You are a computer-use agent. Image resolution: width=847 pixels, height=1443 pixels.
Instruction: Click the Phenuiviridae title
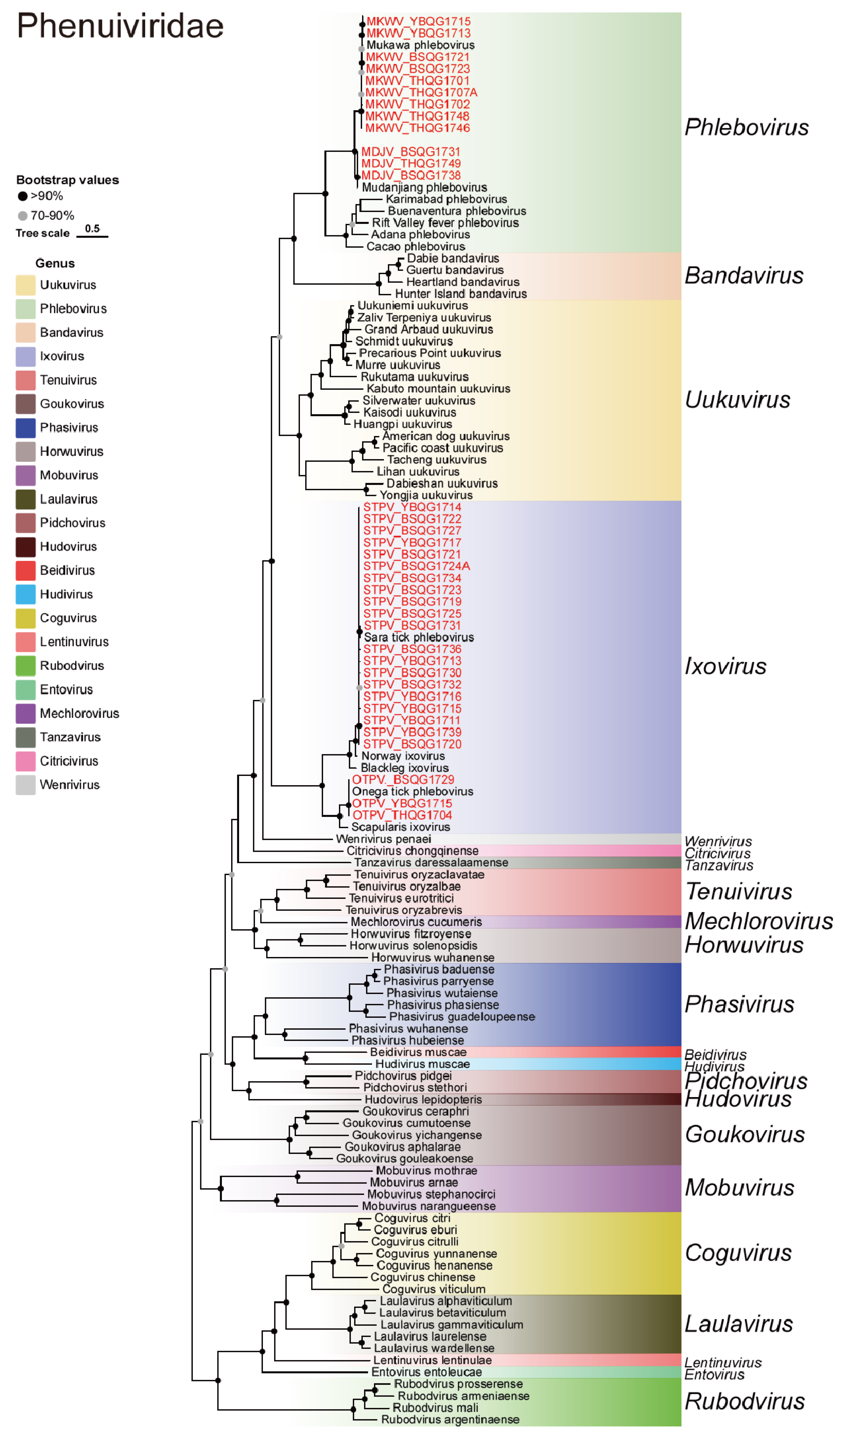coord(120,26)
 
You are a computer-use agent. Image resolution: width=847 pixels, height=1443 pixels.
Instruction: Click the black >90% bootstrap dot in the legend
coord(23,196)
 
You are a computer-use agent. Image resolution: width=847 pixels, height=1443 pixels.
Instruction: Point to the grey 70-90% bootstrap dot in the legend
coord(23,216)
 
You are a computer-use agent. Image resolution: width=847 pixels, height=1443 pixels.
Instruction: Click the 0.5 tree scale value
coord(92,228)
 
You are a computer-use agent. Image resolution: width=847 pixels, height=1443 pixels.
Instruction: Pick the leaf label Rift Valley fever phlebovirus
coord(445,223)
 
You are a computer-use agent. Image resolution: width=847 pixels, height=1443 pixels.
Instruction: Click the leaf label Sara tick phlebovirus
coord(419,637)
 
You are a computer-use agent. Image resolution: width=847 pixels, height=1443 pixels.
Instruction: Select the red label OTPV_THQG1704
coord(402,815)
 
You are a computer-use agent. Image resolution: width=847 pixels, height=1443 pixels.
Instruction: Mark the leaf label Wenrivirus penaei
coord(383,839)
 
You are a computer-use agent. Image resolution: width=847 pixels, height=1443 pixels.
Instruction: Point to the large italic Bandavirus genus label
coord(744,276)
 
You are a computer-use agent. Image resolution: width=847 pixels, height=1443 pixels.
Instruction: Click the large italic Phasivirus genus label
coord(739,1005)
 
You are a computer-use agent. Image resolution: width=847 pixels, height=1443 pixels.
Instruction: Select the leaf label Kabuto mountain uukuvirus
coord(438,389)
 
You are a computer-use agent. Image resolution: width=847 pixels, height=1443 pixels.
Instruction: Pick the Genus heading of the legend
coord(55,263)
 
